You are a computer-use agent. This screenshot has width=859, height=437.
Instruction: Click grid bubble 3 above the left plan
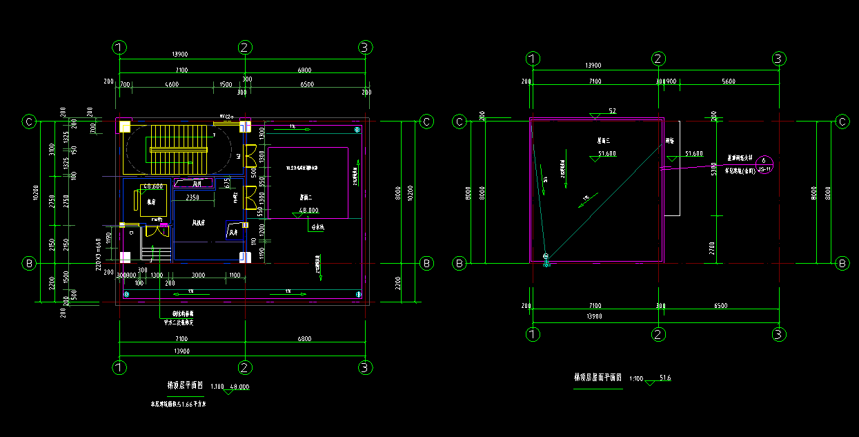366,47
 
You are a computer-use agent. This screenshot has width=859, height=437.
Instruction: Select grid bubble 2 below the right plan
659,334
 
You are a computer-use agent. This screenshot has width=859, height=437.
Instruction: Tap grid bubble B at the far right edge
842,263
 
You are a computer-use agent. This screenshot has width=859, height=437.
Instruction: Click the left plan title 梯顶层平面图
185,385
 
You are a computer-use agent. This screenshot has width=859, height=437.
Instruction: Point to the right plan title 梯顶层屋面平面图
598,378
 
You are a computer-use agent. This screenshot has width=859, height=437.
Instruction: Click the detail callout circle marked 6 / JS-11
764,164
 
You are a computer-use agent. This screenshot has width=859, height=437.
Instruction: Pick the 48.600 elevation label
153,187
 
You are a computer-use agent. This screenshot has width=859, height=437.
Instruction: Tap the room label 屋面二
308,197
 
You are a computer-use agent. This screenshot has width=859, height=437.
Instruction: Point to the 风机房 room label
199,222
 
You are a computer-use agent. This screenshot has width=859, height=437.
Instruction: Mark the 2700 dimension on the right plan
714,244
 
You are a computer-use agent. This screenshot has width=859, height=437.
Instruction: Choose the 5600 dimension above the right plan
728,81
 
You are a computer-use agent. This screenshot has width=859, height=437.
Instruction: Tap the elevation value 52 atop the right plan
611,111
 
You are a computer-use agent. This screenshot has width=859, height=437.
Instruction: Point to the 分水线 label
317,226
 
